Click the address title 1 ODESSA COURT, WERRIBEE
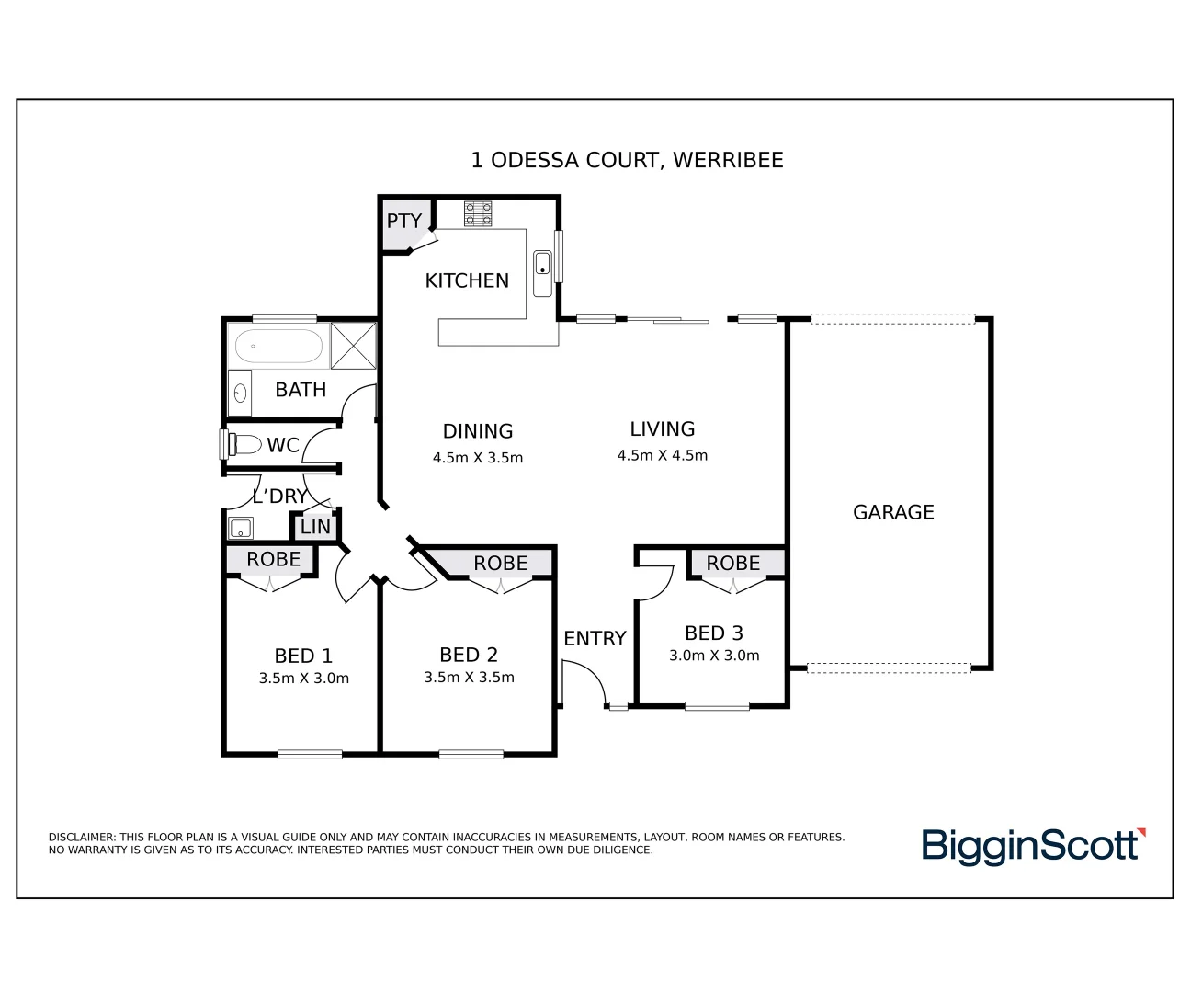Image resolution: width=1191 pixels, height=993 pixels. (627, 160)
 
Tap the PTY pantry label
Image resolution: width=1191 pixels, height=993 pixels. (403, 221)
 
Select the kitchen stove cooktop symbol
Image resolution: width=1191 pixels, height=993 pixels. (477, 213)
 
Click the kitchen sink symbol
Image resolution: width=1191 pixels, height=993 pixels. (542, 264)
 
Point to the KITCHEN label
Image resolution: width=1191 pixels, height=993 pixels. (467, 280)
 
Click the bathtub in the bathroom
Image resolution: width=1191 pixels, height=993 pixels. (278, 347)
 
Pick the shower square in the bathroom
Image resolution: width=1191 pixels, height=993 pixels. (353, 345)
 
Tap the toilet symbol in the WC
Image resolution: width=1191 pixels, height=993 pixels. (241, 445)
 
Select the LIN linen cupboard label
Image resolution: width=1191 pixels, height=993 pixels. (315, 527)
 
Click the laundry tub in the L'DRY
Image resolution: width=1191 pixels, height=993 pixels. (241, 528)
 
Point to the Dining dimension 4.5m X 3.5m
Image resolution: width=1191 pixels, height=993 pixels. (478, 458)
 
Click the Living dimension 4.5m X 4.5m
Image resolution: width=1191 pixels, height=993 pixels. (663, 455)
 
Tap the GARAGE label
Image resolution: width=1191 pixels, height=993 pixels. (893, 512)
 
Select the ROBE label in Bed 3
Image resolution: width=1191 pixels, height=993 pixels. (733, 563)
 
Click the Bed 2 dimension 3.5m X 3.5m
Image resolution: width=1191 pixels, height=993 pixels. (469, 678)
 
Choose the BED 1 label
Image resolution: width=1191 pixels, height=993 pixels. (303, 656)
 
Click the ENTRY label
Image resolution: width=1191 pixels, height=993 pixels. (595, 638)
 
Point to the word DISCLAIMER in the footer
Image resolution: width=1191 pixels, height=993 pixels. (82, 838)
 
